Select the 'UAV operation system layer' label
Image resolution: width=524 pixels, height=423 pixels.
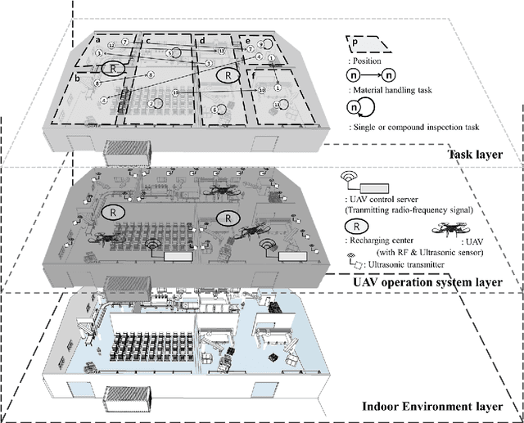(x=427, y=283)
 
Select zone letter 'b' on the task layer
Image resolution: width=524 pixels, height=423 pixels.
(x=77, y=78)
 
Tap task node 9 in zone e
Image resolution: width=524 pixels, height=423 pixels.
(x=260, y=44)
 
